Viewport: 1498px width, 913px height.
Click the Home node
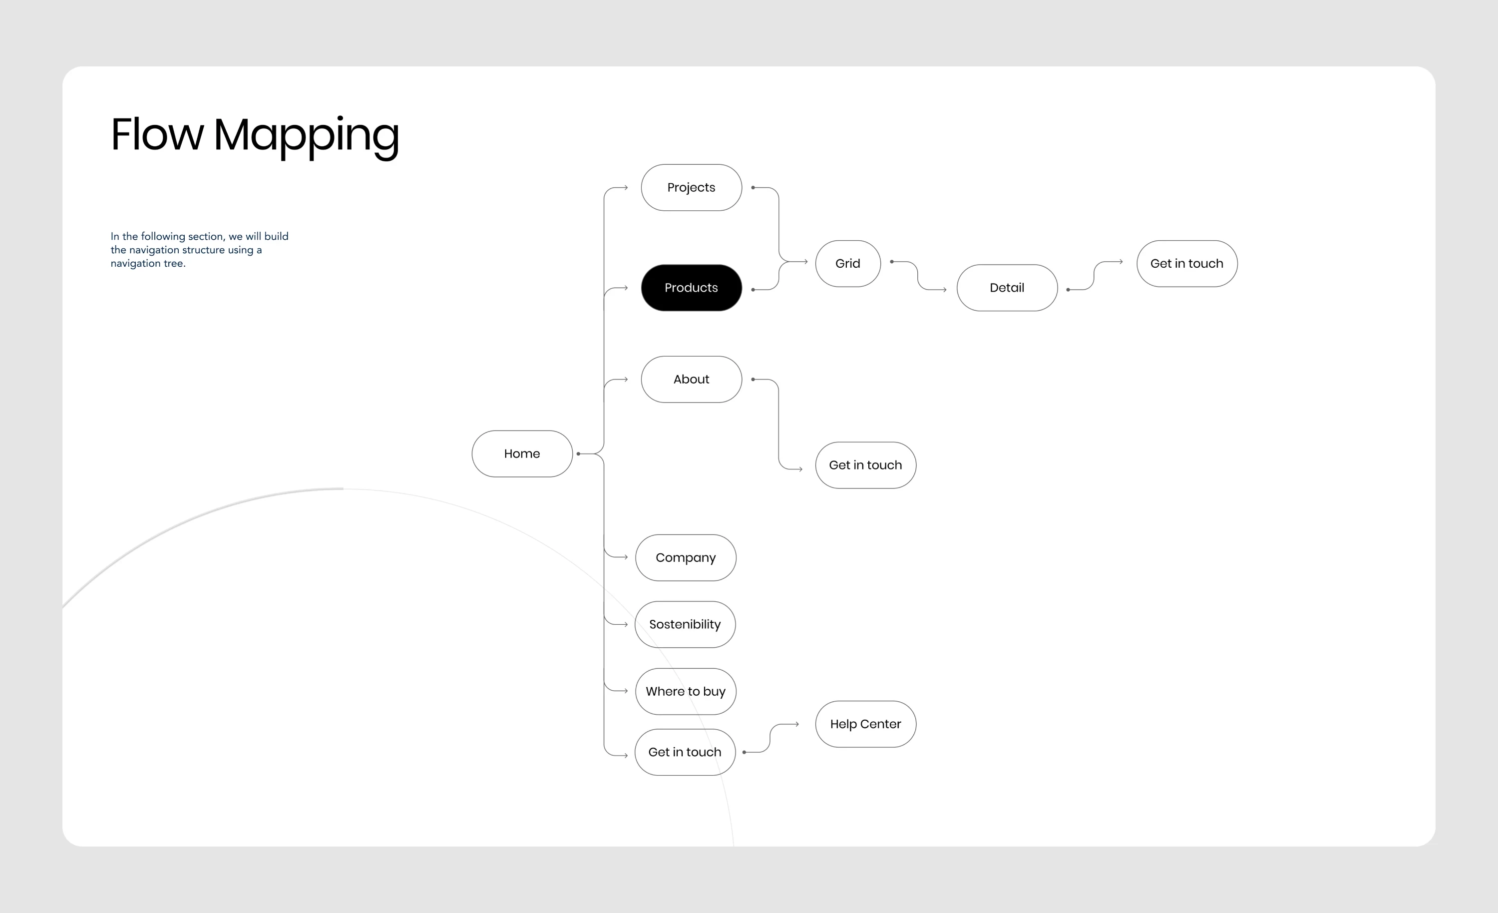pyautogui.click(x=522, y=454)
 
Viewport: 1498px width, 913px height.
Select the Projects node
pyautogui.click(x=691, y=187)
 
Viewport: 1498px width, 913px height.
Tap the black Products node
pyautogui.click(x=691, y=288)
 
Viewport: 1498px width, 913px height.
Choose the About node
pyautogui.click(x=691, y=380)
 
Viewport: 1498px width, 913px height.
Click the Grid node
pyautogui.click(x=847, y=263)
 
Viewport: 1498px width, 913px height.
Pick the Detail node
pyautogui.click(x=1007, y=288)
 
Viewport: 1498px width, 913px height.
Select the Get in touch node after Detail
pyautogui.click(x=1187, y=263)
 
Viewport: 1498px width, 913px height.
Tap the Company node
pyautogui.click(x=686, y=558)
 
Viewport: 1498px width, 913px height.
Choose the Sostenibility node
pyautogui.click(x=685, y=625)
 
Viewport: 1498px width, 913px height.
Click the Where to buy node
pyautogui.click(x=686, y=692)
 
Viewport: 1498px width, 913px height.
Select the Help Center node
pyautogui.click(x=865, y=724)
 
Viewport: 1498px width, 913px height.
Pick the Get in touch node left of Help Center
pyautogui.click(x=685, y=752)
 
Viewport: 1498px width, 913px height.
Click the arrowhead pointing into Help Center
pyautogui.click(x=797, y=724)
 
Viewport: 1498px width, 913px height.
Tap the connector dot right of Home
pyautogui.click(x=578, y=454)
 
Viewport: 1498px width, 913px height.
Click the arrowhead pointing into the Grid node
pyautogui.click(x=805, y=262)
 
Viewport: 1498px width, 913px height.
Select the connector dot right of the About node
pyautogui.click(x=752, y=380)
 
